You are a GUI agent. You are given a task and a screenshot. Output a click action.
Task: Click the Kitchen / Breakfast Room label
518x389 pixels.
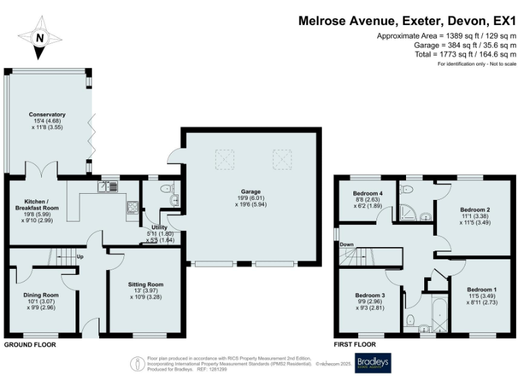point(37,209)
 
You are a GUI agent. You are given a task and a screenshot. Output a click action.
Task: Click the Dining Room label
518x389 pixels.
point(42,300)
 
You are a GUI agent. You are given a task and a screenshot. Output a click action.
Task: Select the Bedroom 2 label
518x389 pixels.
point(474,211)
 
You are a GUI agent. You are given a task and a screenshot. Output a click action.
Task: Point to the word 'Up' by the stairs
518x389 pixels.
point(80,257)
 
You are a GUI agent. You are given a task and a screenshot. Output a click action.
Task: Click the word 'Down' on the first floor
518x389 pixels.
point(346,244)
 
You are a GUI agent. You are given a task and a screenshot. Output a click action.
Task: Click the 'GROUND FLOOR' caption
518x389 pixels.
point(30,344)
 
